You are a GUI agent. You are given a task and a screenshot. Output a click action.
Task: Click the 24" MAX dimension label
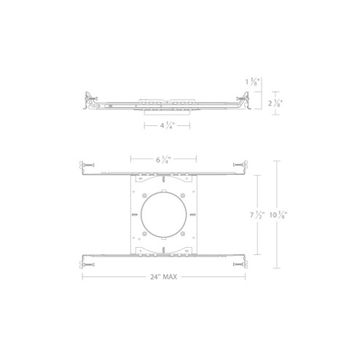click(x=164, y=277)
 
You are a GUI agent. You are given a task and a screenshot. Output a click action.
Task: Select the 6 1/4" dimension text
click(x=164, y=158)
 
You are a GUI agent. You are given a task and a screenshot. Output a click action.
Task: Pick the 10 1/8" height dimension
click(x=276, y=215)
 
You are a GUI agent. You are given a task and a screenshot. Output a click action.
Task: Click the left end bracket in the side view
click(x=89, y=101)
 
